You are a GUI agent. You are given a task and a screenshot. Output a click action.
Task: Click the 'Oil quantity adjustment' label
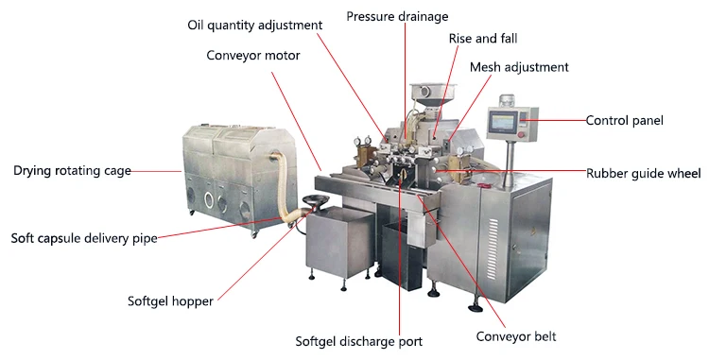(254, 25)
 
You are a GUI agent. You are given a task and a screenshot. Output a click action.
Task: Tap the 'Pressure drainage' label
(397, 16)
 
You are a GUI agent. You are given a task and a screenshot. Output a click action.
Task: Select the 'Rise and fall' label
(482, 39)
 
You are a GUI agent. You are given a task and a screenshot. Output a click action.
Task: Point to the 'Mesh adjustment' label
(519, 67)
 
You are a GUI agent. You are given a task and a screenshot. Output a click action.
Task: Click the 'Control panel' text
(625, 120)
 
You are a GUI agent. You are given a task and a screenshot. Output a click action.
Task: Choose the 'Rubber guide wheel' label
(643, 174)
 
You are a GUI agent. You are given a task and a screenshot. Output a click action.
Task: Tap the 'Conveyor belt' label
(516, 335)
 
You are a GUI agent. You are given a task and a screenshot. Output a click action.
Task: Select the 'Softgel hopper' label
(170, 301)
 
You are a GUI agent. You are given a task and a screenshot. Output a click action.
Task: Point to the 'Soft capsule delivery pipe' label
(84, 237)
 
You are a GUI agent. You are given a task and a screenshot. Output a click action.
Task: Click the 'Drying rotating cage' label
(71, 171)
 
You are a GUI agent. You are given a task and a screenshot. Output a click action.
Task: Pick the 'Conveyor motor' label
(253, 55)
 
